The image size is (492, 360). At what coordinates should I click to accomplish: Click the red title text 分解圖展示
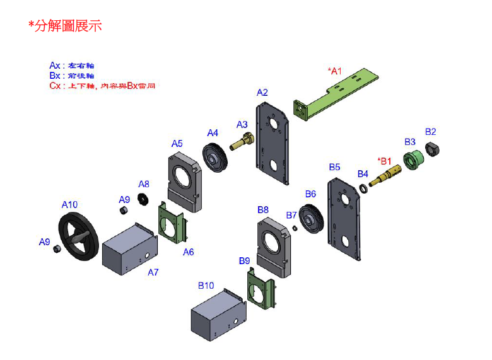pos(65,26)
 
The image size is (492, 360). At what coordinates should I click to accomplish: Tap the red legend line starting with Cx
pos(102,85)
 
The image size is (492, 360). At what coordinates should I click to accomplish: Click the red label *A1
pos(334,71)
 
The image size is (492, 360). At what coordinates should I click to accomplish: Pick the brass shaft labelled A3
pos(240,142)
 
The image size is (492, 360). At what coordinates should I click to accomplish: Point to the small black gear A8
pos(143,199)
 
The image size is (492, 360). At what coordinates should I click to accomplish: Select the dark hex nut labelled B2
pos(433,149)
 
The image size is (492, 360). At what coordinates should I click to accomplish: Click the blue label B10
pos(206,286)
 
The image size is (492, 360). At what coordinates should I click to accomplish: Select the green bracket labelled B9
pos(262,289)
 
